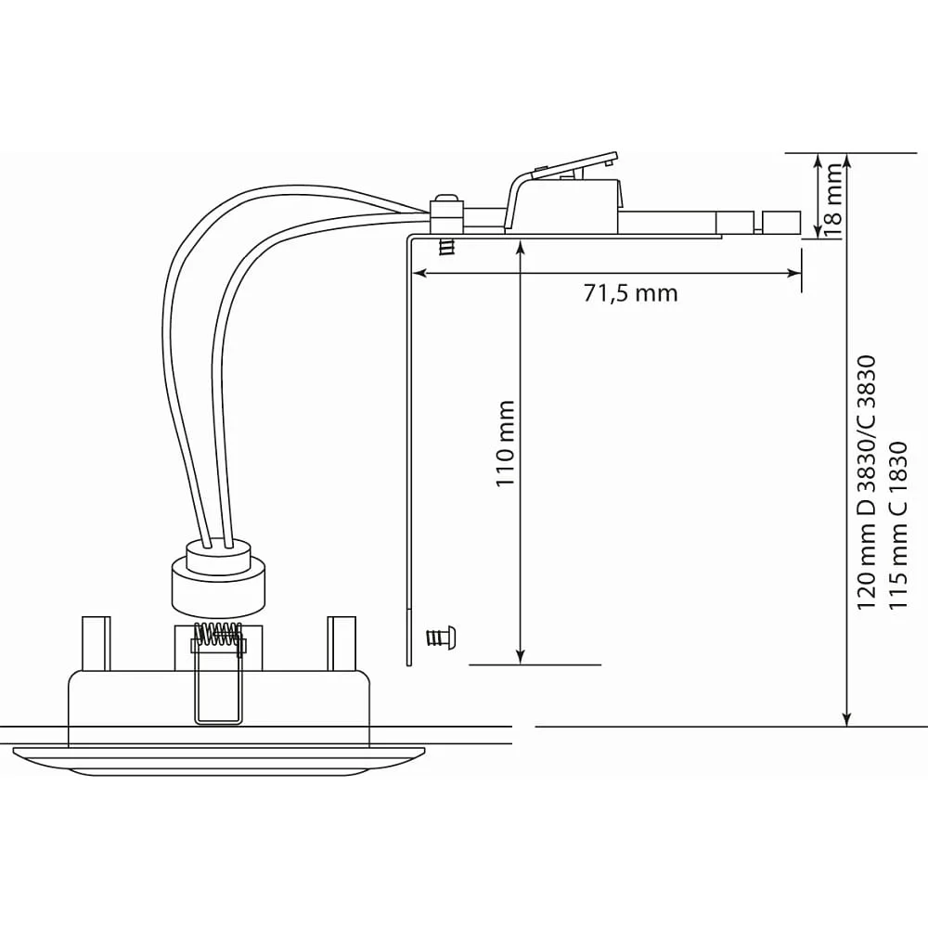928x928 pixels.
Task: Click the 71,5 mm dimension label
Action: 630,293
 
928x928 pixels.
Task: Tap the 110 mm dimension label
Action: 505,444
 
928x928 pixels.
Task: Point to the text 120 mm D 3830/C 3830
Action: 865,482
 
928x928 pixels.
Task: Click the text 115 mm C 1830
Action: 897,525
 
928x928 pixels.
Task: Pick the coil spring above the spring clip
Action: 219,637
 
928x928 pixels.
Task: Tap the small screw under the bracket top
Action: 448,247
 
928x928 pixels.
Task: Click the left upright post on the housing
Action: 96,644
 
